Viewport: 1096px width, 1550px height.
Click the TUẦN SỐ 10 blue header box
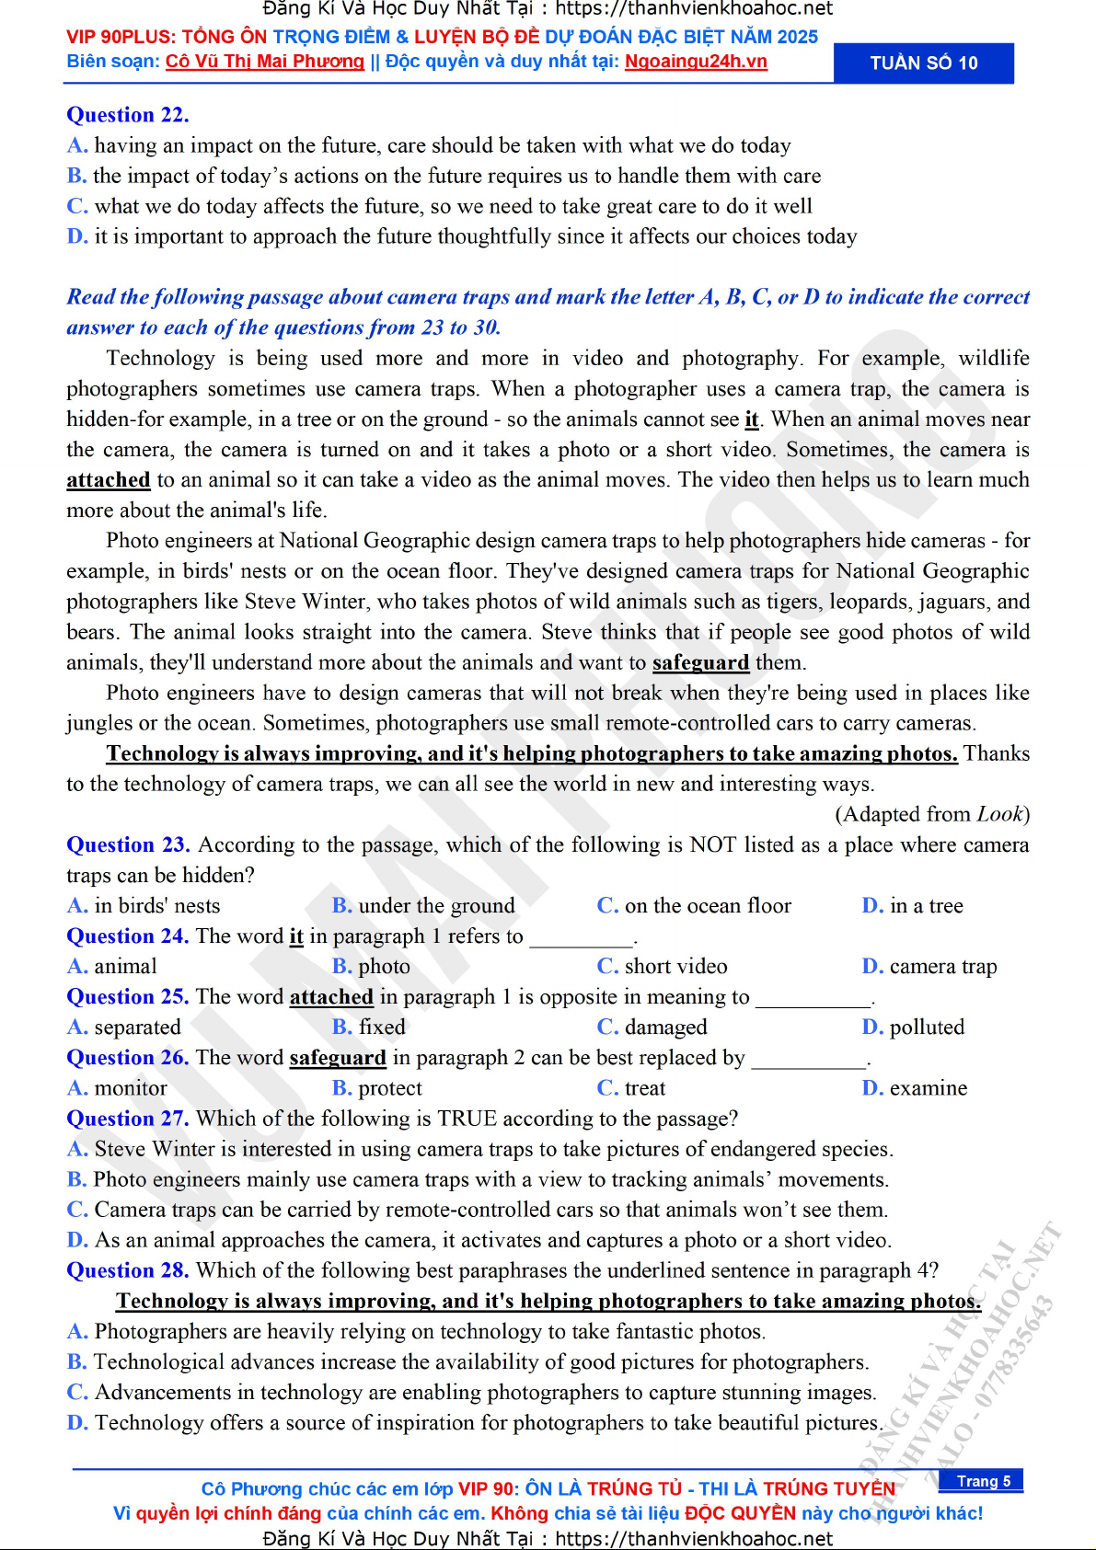[x=923, y=63]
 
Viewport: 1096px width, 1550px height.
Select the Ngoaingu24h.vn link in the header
[x=696, y=62]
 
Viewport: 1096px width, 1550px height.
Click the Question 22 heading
[x=127, y=115]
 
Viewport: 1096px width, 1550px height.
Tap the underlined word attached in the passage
[x=108, y=480]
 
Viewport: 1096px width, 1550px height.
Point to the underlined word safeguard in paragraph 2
[x=700, y=663]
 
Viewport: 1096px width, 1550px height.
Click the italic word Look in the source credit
[x=999, y=814]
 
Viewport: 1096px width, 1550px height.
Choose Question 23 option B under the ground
[x=423, y=906]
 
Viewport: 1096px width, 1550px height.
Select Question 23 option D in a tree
[x=912, y=906]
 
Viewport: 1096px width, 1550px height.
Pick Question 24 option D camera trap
[x=929, y=967]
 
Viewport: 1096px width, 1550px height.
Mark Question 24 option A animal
[x=112, y=967]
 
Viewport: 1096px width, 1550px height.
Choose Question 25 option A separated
[x=124, y=1028]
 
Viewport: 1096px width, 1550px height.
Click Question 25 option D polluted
[x=913, y=1028]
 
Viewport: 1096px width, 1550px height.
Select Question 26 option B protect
[x=377, y=1088]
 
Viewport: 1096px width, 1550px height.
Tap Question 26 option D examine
[x=915, y=1088]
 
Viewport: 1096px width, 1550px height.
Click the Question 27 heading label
[x=127, y=1119]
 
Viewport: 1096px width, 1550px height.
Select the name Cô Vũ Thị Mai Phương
[x=264, y=62]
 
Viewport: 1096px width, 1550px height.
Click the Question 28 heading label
[x=127, y=1270]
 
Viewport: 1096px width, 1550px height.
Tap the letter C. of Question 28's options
[x=77, y=1393]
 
